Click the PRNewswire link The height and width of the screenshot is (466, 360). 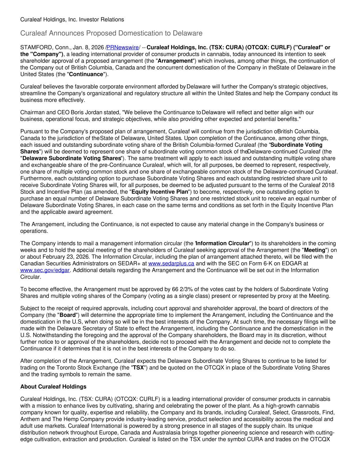123,47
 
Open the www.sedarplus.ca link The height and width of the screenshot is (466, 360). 171,264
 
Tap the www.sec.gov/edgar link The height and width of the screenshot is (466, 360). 45,270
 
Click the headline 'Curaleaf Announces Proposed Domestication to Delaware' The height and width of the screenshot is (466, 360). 111,33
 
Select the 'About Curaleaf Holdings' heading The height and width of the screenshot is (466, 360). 53,387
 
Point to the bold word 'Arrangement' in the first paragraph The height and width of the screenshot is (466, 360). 175,61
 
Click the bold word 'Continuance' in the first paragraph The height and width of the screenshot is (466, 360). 86,74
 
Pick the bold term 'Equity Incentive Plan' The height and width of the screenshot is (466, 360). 160,192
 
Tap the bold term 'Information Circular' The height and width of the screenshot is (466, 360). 223,243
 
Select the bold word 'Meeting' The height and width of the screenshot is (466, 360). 314,250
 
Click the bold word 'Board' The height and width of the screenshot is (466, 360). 68,315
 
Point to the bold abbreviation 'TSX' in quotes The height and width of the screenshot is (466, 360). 138,368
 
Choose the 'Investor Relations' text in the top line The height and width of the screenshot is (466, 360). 101,19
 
